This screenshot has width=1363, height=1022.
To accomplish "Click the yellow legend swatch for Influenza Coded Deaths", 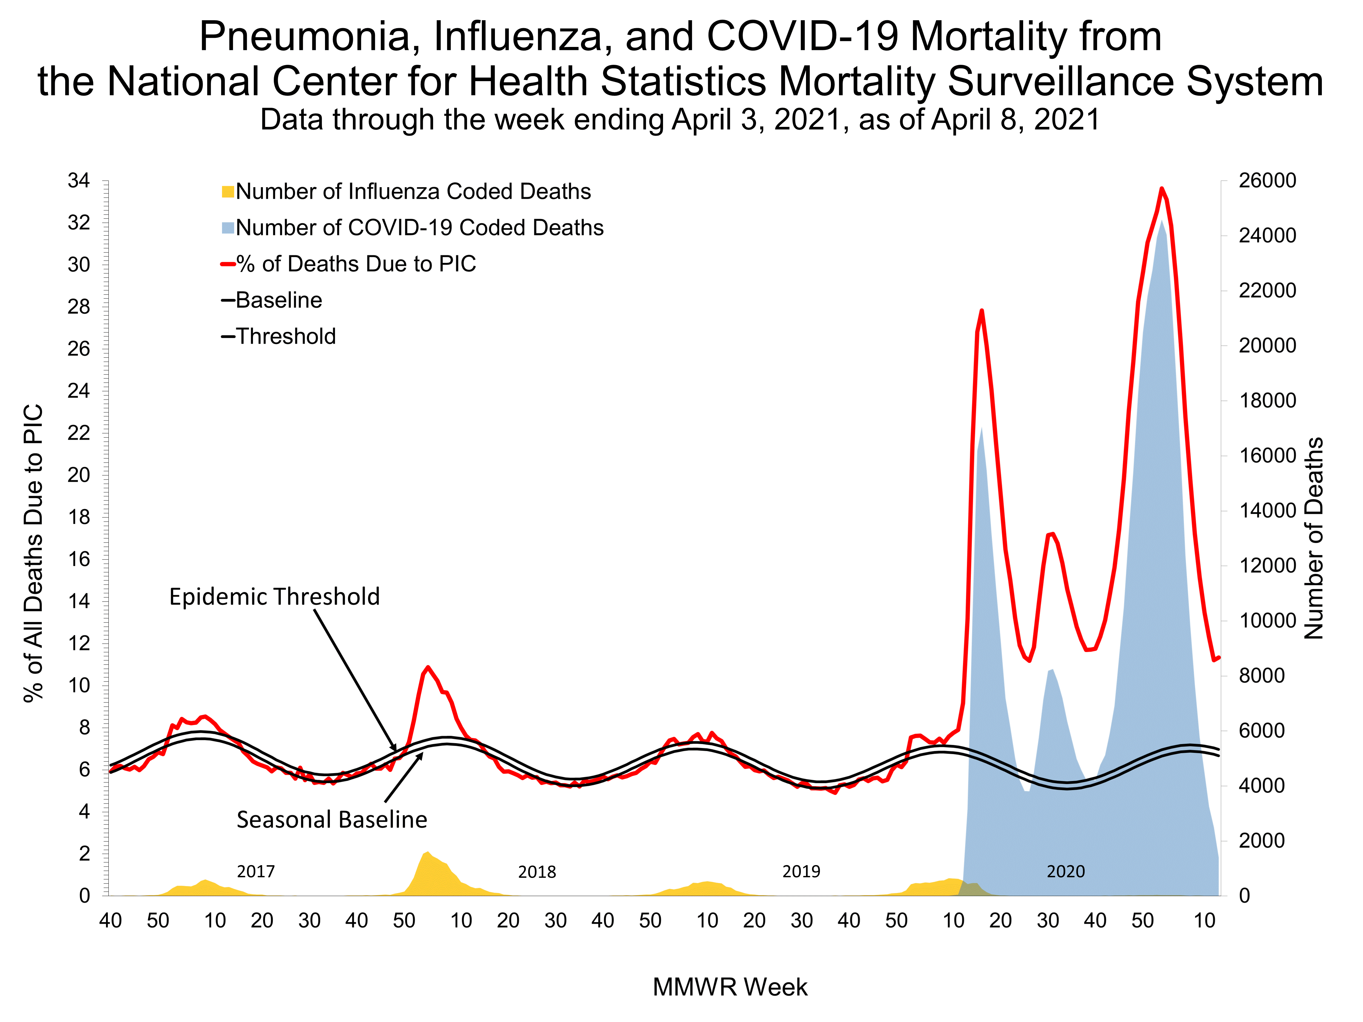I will tap(227, 192).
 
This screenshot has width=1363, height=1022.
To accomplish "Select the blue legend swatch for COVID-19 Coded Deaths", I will tap(227, 228).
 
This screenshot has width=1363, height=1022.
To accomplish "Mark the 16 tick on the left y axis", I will tap(79, 559).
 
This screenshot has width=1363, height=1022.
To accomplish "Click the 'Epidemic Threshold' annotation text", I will tap(274, 596).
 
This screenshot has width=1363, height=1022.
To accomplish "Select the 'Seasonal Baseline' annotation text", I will tap(331, 819).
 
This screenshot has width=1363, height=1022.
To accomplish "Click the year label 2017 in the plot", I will tap(256, 871).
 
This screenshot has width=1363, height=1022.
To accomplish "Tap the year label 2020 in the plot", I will tap(1065, 871).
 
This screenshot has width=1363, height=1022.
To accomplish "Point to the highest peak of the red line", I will tap(1162, 189).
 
